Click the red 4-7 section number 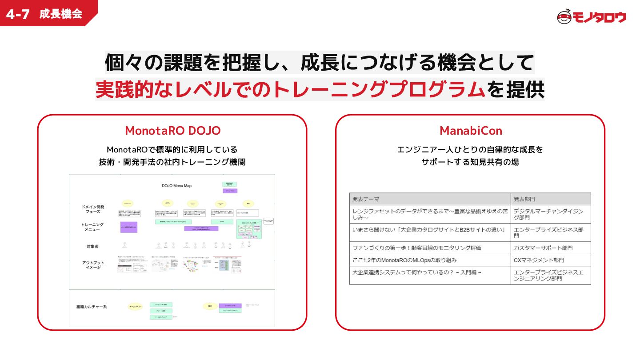pyautogui.click(x=18, y=14)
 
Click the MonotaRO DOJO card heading pyautogui.click(x=172, y=131)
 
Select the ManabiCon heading pyautogui.click(x=471, y=131)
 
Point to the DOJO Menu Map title pyautogui.click(x=176, y=185)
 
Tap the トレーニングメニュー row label pyautogui.click(x=93, y=228)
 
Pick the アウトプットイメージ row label pyautogui.click(x=93, y=265)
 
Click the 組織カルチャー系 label pyautogui.click(x=92, y=307)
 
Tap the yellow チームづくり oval pyautogui.click(x=135, y=307)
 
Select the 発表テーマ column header pyautogui.click(x=366, y=199)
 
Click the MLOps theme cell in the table pyautogui.click(x=404, y=260)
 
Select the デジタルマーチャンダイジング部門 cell pyautogui.click(x=548, y=214)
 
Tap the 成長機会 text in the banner pyautogui.click(x=60, y=14)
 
